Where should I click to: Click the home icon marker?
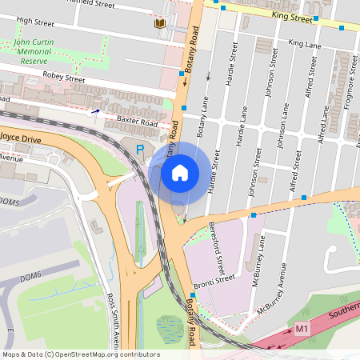pos(180,172)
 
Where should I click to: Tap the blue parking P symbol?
pos(141,149)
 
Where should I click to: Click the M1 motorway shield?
pos(302,329)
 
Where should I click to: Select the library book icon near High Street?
pos(160,24)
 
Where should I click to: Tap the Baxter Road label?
pos(137,122)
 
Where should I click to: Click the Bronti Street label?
pos(214,279)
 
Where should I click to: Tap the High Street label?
pos(34,20)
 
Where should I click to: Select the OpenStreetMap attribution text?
pos(81,354)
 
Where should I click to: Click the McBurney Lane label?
pos(260,251)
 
